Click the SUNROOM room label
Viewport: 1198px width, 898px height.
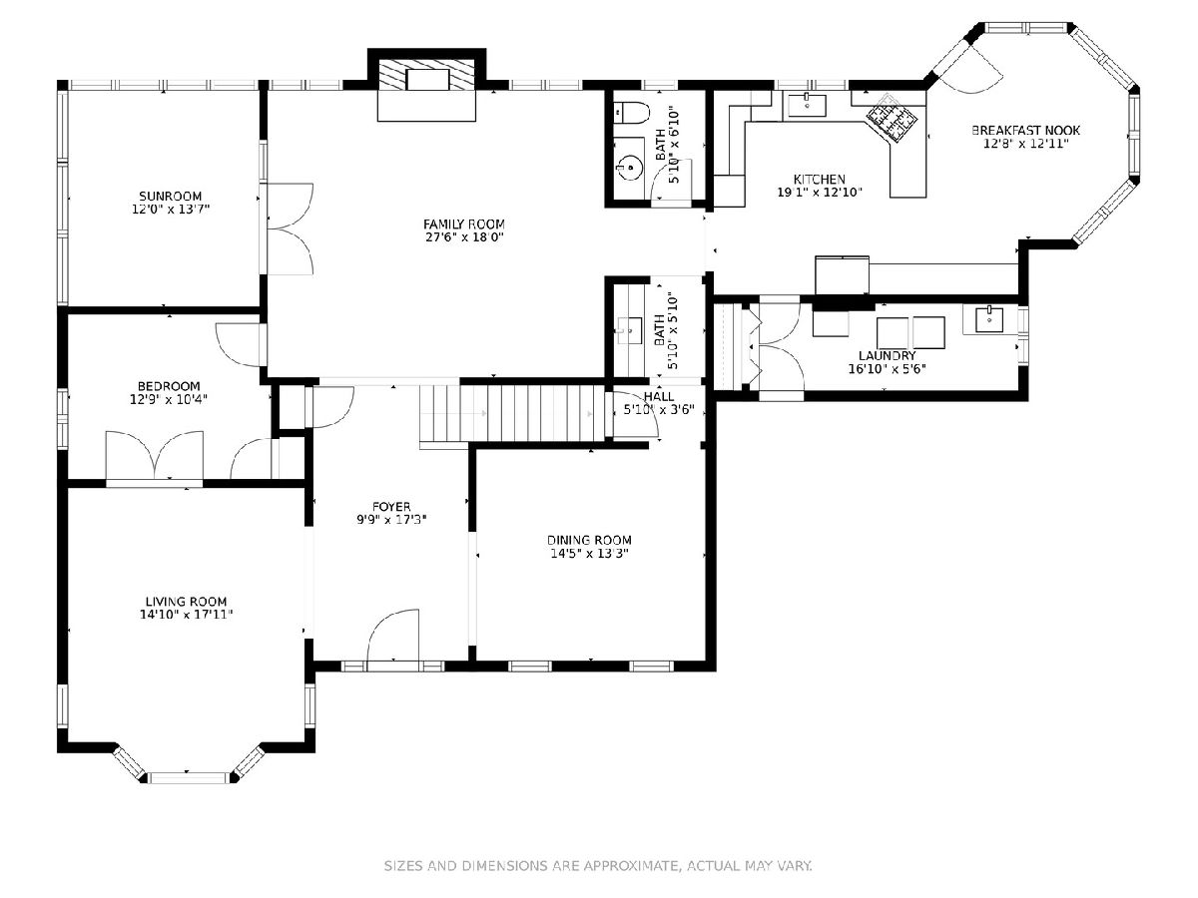(x=171, y=197)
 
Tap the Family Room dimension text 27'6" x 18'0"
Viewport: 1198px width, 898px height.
(x=464, y=237)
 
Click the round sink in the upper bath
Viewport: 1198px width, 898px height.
(x=629, y=168)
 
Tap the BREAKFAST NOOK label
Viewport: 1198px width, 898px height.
(x=1025, y=131)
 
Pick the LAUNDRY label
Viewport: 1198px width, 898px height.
(x=887, y=356)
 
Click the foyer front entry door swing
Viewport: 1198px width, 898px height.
(x=394, y=635)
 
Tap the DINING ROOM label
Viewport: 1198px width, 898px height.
(x=589, y=541)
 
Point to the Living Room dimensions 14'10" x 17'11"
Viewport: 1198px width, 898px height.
(x=186, y=615)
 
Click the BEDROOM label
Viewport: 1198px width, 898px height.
(x=169, y=386)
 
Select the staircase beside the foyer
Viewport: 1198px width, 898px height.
(x=512, y=414)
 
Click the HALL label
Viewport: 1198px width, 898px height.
(x=659, y=396)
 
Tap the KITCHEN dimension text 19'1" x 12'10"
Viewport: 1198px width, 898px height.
(x=820, y=193)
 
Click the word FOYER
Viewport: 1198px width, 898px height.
(x=391, y=507)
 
